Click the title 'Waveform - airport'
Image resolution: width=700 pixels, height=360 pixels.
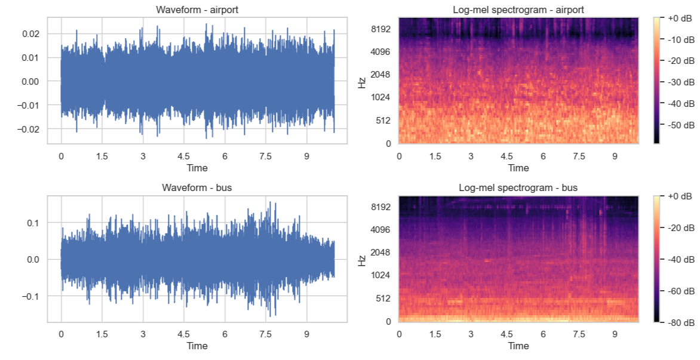(197, 10)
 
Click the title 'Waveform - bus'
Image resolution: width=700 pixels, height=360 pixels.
(197, 187)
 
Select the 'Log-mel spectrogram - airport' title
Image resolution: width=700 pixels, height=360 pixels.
(518, 10)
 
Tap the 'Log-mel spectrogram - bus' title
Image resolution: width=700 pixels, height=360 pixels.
(518, 187)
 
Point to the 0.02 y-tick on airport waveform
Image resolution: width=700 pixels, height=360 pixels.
(30, 34)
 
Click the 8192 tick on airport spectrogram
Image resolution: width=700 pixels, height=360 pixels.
(381, 29)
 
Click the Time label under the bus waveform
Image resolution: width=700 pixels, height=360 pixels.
(197, 346)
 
